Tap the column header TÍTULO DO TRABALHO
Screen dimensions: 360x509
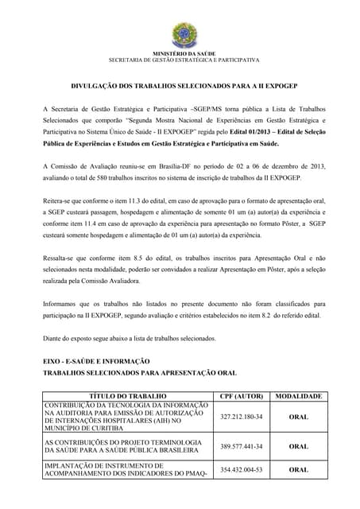point(126,395)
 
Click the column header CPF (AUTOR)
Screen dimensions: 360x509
point(240,395)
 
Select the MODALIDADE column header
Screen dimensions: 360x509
point(298,395)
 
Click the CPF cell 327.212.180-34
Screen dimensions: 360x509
point(240,416)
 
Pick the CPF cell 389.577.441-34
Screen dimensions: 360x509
point(240,446)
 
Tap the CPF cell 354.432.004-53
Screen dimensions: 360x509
point(240,469)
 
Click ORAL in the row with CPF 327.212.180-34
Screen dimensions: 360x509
point(298,416)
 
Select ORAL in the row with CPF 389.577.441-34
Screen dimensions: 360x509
point(298,446)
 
